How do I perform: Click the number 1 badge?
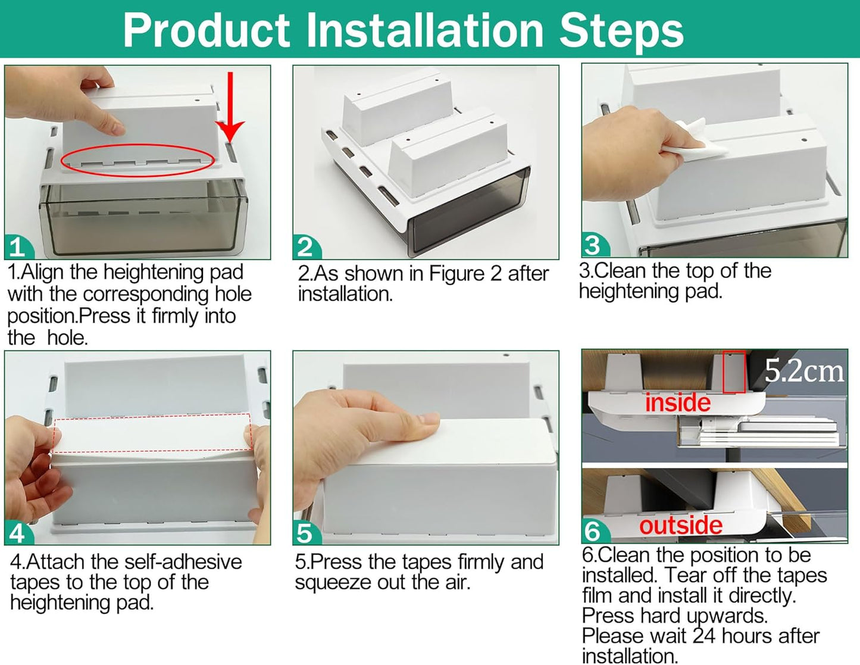point(18,248)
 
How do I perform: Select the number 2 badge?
point(307,248)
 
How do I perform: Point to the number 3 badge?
point(595,245)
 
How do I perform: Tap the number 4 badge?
point(18,533)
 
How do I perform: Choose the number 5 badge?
point(307,533)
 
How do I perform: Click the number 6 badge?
point(595,531)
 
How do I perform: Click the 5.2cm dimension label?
point(803,371)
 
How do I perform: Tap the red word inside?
point(678,402)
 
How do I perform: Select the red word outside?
point(681,526)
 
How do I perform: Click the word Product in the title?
point(207,30)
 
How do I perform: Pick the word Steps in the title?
point(621,32)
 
